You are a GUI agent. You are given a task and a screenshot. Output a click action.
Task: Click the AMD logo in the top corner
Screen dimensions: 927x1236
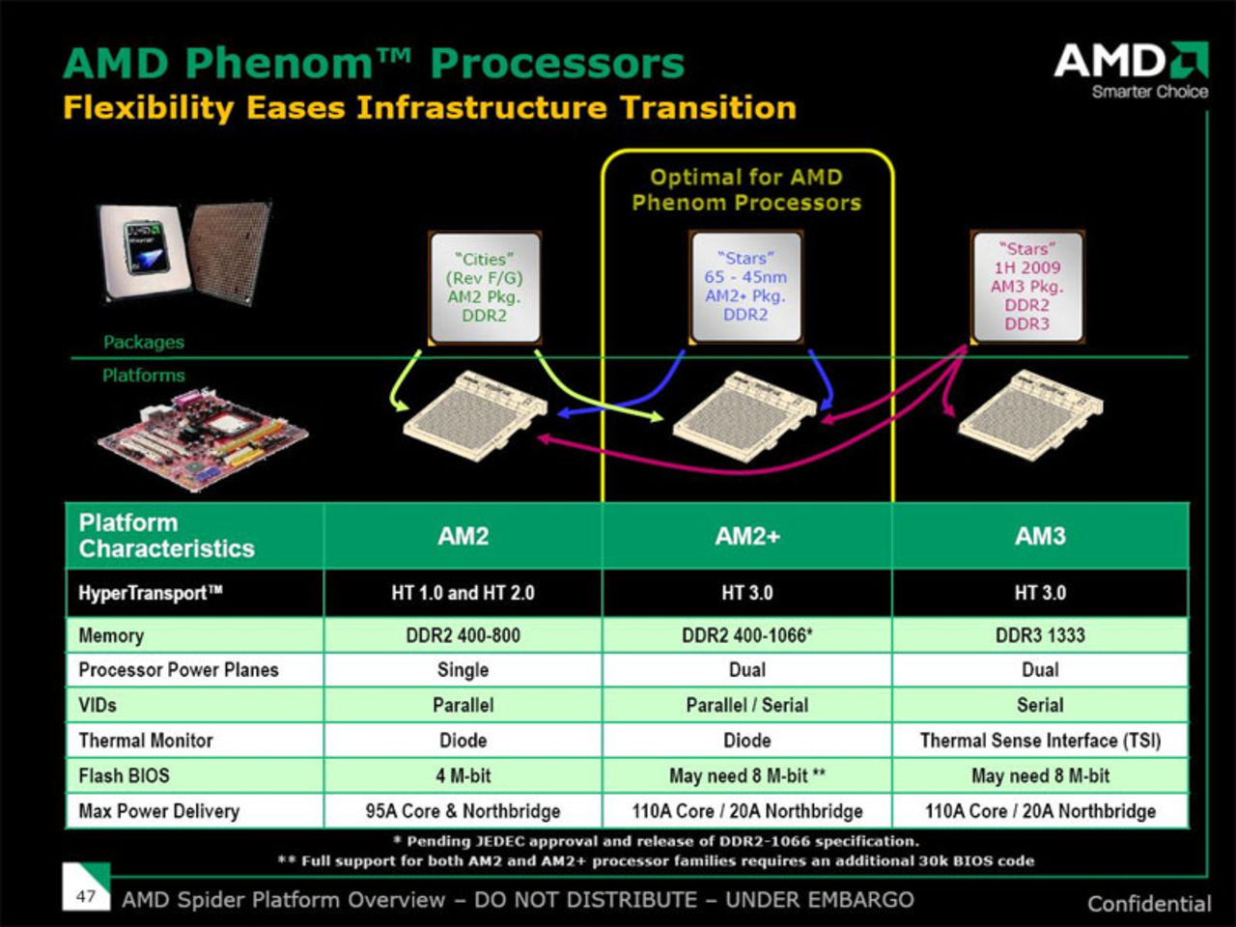(x=1131, y=69)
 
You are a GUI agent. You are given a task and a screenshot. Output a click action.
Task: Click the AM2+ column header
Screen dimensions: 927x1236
(x=746, y=536)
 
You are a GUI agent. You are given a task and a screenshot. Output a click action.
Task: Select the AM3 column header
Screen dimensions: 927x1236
(x=1040, y=536)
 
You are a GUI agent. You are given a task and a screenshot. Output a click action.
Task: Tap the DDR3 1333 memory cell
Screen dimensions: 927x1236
(x=1040, y=635)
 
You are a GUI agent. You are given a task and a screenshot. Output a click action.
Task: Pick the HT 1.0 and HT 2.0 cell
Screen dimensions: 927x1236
(x=463, y=593)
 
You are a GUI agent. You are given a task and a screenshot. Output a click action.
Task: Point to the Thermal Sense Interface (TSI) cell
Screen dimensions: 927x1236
(x=1040, y=741)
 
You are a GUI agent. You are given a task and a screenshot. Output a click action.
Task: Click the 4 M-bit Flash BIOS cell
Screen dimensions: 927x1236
(x=463, y=775)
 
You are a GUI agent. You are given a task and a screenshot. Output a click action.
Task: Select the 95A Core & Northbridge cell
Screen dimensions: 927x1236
(x=463, y=811)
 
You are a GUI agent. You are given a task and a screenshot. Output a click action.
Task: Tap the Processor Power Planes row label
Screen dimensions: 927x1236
(x=179, y=670)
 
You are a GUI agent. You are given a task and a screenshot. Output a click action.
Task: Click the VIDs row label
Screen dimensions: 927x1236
(x=98, y=705)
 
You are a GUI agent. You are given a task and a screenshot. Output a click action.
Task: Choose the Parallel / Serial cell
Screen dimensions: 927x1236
(x=746, y=705)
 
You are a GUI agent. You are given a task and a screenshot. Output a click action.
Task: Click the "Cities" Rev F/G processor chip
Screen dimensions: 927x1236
(x=484, y=287)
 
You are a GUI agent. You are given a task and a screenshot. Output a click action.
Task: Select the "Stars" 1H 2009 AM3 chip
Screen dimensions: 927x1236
(x=1026, y=286)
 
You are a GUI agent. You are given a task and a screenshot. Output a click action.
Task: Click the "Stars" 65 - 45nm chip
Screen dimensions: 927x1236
(x=745, y=286)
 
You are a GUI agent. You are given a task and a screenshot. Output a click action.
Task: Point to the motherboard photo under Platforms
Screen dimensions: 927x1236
(x=202, y=440)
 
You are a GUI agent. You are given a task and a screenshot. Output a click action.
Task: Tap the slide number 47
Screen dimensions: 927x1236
(x=86, y=895)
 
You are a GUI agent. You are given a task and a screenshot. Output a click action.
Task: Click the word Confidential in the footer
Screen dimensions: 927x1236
(x=1149, y=904)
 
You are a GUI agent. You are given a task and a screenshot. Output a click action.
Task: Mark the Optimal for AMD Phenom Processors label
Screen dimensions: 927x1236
(x=746, y=189)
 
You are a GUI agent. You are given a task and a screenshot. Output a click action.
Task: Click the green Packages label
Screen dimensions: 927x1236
(x=144, y=342)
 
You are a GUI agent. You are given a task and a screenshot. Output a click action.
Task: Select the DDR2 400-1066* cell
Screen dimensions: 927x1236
(x=746, y=635)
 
